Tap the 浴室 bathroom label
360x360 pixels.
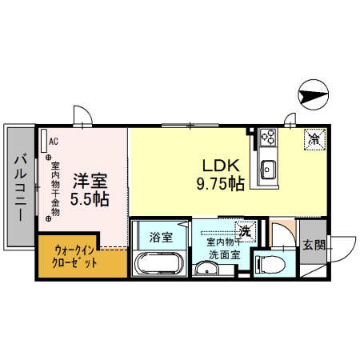point(161,237)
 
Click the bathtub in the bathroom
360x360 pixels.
point(159,262)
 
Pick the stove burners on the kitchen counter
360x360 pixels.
point(267,141)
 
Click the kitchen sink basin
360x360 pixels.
point(267,170)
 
